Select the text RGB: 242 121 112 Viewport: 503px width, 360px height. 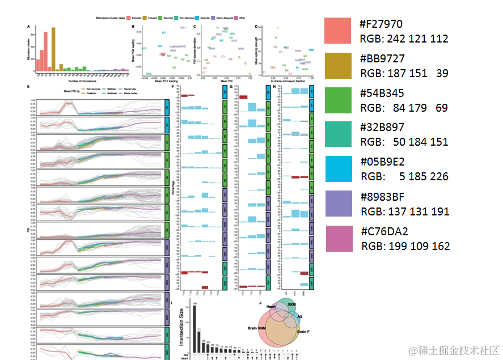coord(404,39)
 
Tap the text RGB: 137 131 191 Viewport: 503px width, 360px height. coord(404,211)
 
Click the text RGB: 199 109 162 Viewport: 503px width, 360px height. coord(405,246)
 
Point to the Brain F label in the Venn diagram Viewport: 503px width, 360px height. coord(303,331)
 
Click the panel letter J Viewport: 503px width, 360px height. coord(260,303)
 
